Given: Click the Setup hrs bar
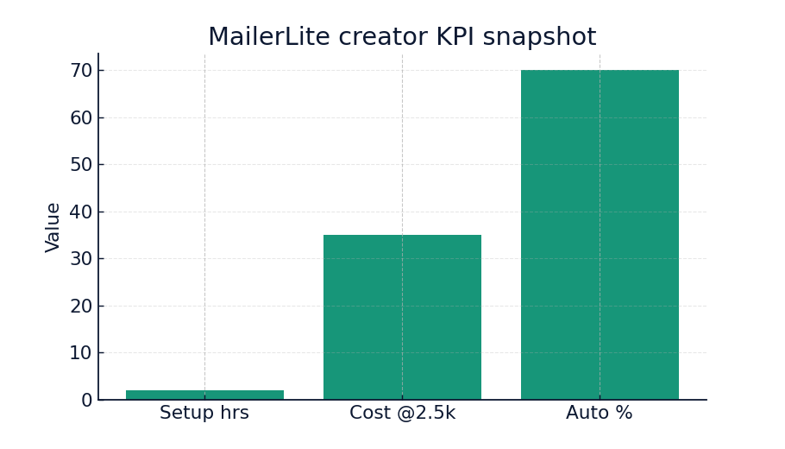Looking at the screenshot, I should coord(204,395).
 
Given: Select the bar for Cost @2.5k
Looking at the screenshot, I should coord(402,317).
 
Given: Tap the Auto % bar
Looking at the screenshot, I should coord(600,235).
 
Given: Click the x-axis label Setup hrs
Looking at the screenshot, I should coord(204,414).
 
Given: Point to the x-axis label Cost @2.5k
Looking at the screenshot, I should coord(402,414).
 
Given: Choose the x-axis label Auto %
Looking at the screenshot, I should coord(600,414).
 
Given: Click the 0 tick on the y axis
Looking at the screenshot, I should coord(86,401).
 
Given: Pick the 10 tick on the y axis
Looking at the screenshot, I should coord(81,353).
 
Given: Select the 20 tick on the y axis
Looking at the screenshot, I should coord(81,306).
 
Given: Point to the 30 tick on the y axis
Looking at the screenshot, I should coord(81,259).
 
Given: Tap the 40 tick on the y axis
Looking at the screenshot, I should coord(81,212).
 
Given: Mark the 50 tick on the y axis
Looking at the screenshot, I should coord(81,165).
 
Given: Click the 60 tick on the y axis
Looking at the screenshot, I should coord(81,117).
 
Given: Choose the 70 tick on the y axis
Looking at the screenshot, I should coord(81,71).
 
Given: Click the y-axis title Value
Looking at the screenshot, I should coord(53,227).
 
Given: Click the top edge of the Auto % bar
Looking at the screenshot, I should coord(600,71).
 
